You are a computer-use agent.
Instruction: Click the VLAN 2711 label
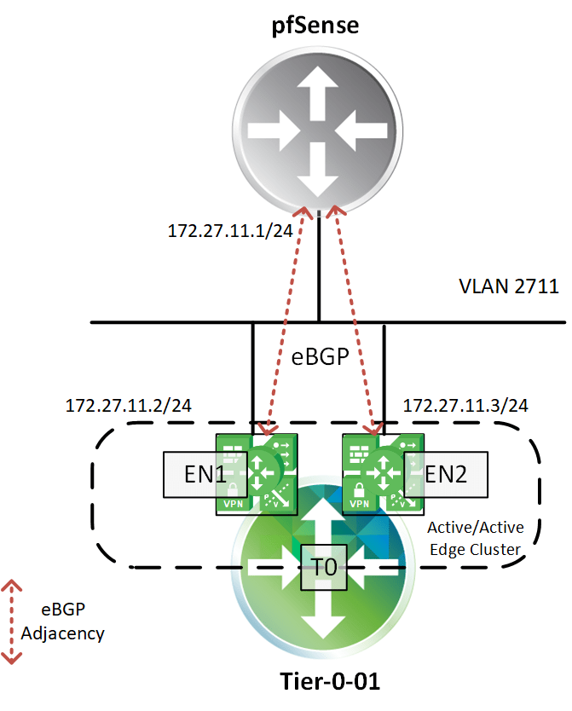[509, 286]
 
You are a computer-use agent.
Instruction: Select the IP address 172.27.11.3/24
[465, 404]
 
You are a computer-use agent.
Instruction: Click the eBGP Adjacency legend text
[73, 621]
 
